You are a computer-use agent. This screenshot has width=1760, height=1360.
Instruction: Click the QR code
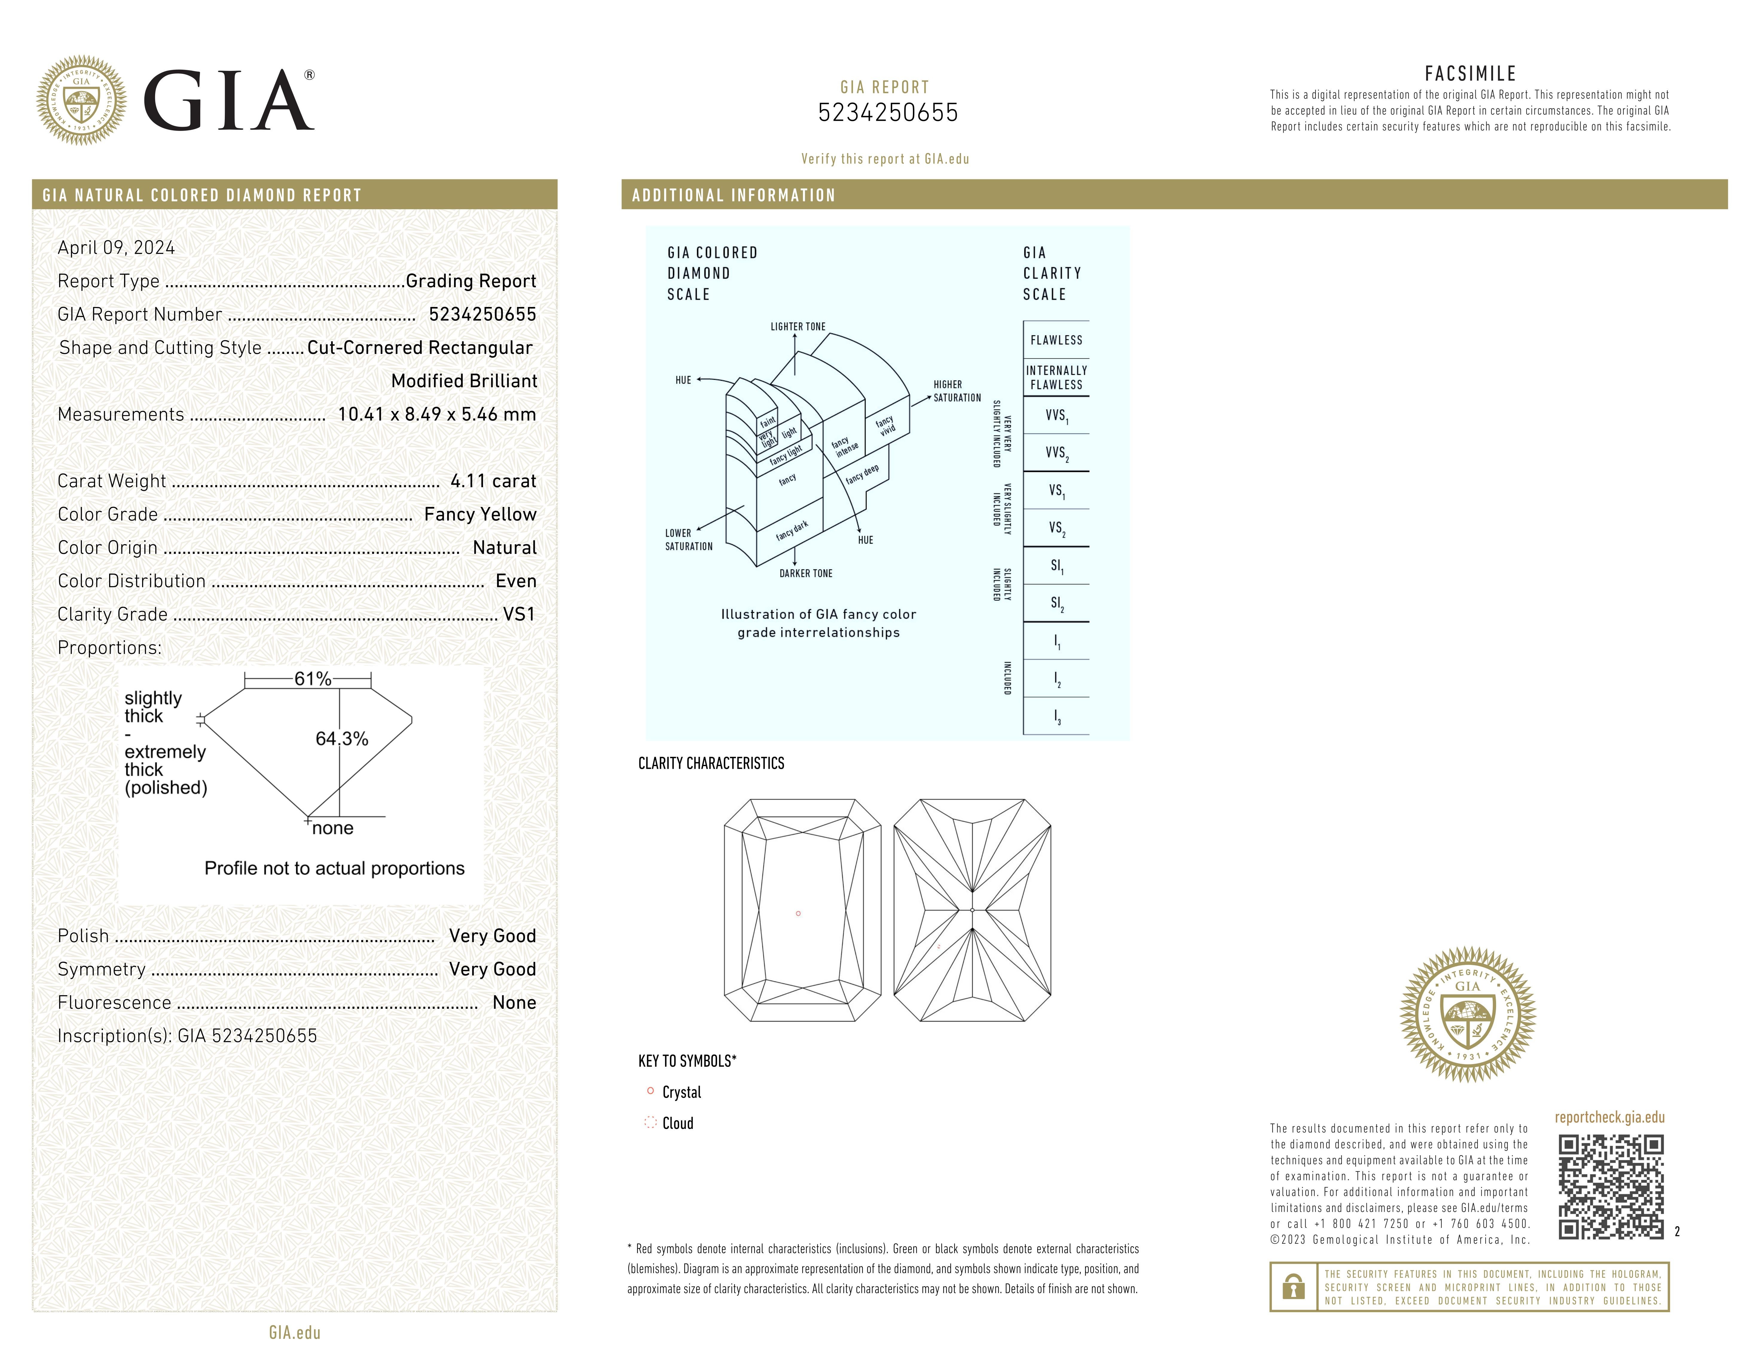[1610, 1187]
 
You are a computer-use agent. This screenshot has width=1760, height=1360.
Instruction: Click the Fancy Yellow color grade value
[480, 514]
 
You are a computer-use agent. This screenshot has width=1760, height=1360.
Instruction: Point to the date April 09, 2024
[116, 247]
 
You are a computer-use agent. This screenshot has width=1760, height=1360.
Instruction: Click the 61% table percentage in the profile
[313, 679]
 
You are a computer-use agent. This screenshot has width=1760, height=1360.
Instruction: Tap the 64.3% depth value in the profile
[342, 738]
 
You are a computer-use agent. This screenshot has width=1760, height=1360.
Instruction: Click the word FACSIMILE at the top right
[1470, 73]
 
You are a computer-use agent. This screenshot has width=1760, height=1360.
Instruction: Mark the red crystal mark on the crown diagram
[798, 913]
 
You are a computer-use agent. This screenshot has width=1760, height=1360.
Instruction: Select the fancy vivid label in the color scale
[886, 425]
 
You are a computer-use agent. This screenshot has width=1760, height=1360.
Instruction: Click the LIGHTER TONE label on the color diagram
[798, 326]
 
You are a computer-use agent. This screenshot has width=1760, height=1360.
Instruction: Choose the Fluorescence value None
[514, 1002]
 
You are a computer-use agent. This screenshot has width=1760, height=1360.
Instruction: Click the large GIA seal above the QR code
[1467, 1014]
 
